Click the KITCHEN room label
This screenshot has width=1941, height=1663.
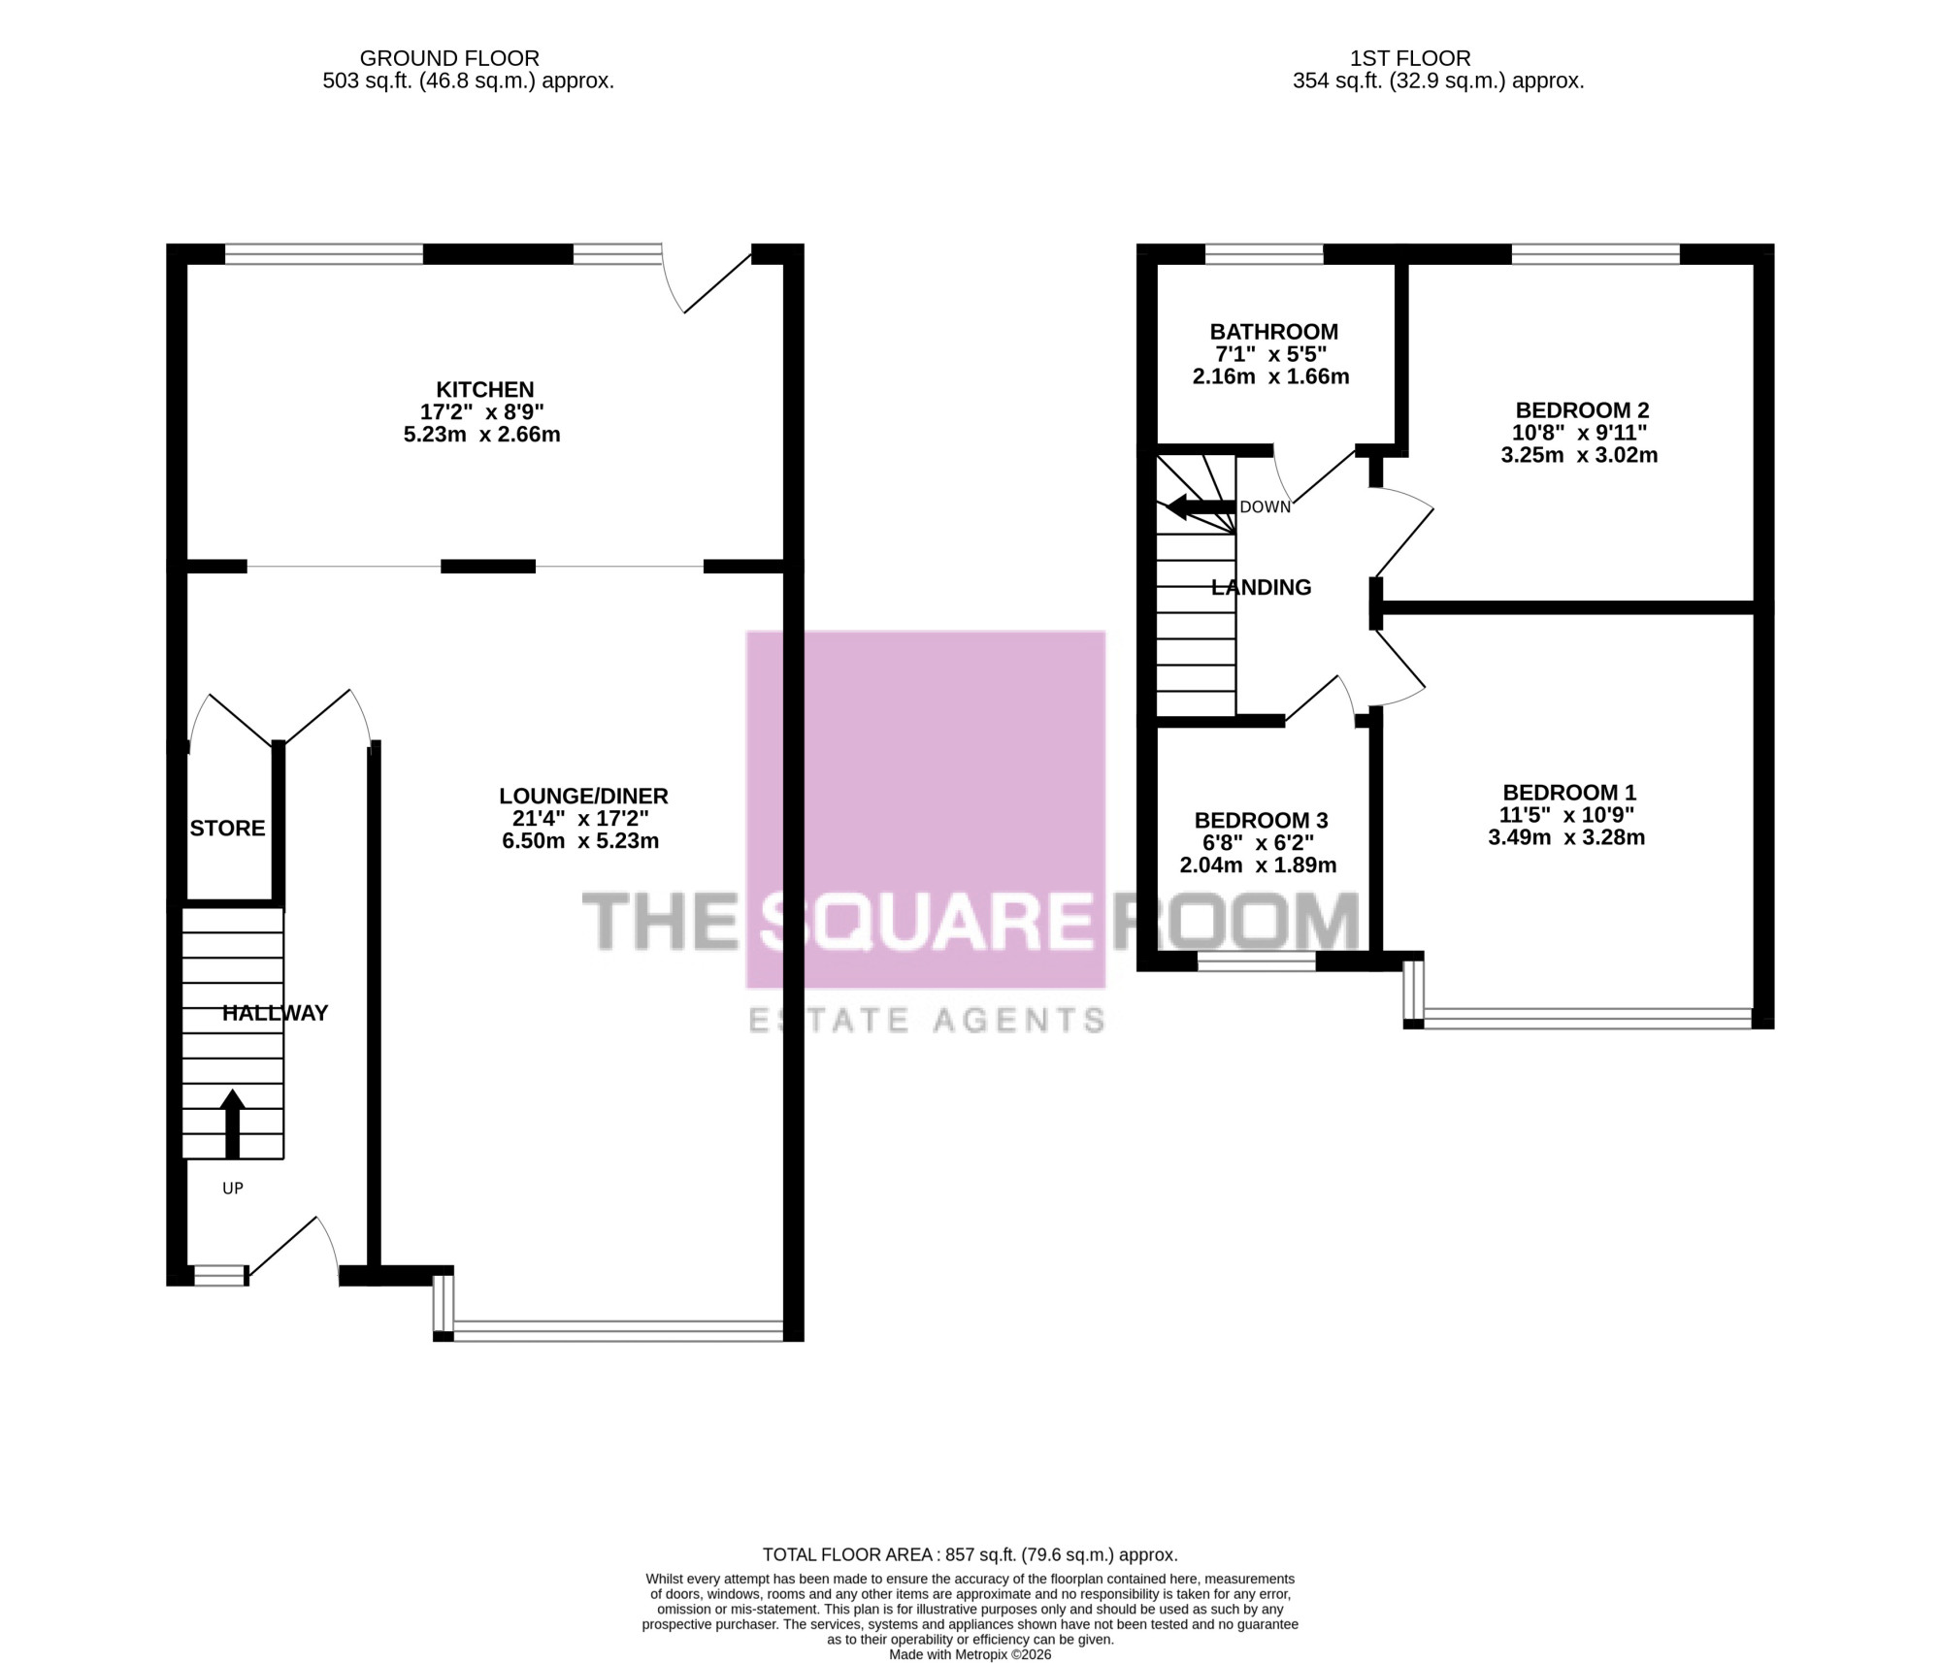pyautogui.click(x=485, y=390)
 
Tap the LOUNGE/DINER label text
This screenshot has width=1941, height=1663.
pyautogui.click(x=583, y=797)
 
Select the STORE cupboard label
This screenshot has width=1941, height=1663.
pyautogui.click(x=227, y=829)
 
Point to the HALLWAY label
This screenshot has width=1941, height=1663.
pyautogui.click(x=275, y=1013)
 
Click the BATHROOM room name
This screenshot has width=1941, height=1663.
pyautogui.click(x=1273, y=332)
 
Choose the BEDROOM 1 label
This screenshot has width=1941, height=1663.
pyautogui.click(x=1569, y=793)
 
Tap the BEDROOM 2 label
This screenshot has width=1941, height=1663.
pyautogui.click(x=1582, y=410)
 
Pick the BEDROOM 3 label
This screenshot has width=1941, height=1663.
pyautogui.click(x=1261, y=820)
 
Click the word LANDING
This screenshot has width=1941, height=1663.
pyautogui.click(x=1261, y=587)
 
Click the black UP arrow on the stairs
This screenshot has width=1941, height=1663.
pyautogui.click(x=232, y=1124)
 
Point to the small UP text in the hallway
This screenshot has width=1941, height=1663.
pyautogui.click(x=233, y=1188)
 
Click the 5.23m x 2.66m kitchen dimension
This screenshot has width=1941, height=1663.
pyautogui.click(x=482, y=435)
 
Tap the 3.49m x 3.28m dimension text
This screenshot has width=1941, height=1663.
pyautogui.click(x=1566, y=837)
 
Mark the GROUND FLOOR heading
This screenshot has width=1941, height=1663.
pyautogui.click(x=449, y=58)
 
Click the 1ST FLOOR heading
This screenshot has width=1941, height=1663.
pyautogui.click(x=1410, y=58)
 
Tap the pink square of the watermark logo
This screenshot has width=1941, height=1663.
pyautogui.click(x=925, y=810)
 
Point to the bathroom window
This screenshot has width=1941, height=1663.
pyautogui.click(x=1264, y=254)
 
